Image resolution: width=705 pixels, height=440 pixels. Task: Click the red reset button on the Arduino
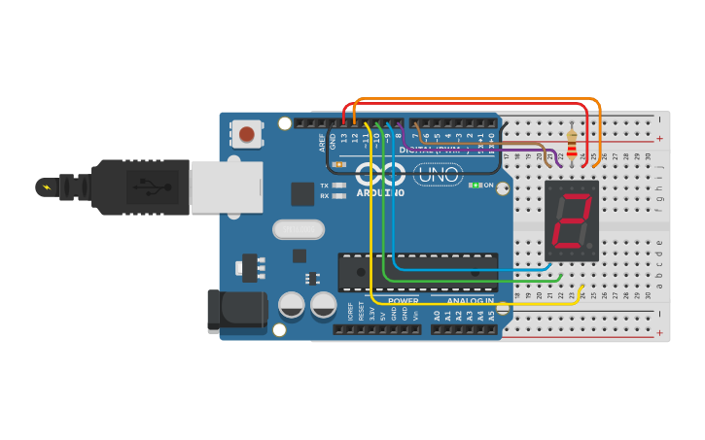tap(247, 134)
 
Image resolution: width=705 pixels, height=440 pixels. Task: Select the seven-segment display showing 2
tap(572, 220)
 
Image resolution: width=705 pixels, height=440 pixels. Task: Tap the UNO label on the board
tap(438, 176)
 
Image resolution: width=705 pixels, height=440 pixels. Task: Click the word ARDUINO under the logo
tap(379, 192)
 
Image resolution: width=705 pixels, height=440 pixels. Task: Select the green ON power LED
tap(474, 185)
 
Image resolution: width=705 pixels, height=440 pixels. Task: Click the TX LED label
tap(325, 185)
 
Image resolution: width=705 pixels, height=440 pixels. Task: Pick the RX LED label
tap(325, 196)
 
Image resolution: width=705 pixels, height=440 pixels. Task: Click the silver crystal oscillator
tap(298, 229)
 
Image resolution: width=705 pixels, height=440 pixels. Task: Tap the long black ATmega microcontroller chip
tap(418, 272)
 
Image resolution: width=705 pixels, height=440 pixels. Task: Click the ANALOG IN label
tap(470, 301)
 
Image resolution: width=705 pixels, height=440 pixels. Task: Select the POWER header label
tap(404, 301)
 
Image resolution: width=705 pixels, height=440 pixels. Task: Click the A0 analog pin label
tap(437, 315)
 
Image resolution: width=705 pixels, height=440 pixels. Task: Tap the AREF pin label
tap(322, 142)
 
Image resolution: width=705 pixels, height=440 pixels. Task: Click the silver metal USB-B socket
tap(227, 186)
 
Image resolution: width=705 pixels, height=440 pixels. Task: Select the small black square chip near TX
tap(302, 193)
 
